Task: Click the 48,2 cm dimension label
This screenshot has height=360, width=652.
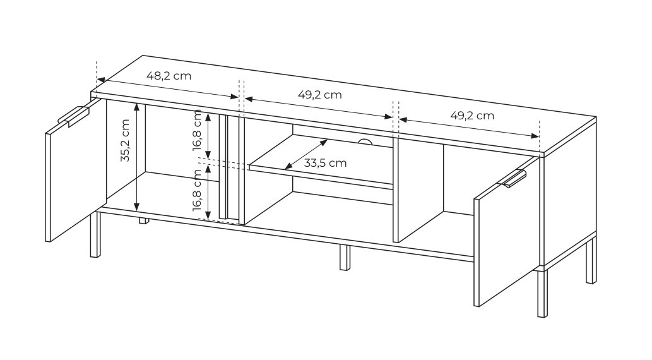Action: [x=169, y=76]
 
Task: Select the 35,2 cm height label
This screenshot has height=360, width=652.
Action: [x=125, y=140]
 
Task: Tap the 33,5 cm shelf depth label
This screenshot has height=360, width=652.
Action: [x=325, y=163]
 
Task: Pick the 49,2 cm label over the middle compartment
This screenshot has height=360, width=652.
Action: [x=320, y=95]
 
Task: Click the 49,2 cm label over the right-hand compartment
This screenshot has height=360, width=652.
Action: [x=472, y=116]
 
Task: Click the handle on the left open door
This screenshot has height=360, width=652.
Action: [x=73, y=116]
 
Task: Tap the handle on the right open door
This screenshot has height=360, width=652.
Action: [x=514, y=178]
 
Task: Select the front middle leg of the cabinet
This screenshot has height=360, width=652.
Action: [x=345, y=258]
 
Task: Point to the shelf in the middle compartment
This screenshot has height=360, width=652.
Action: [x=321, y=162]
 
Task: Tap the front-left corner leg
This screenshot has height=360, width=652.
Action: [x=95, y=235]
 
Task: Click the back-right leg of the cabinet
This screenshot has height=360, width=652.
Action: [x=591, y=261]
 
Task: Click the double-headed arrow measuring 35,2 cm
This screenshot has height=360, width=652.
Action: [x=136, y=157]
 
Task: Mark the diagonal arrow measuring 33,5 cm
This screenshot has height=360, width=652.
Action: [x=306, y=154]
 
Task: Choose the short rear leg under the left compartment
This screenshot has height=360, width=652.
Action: [x=144, y=220]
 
